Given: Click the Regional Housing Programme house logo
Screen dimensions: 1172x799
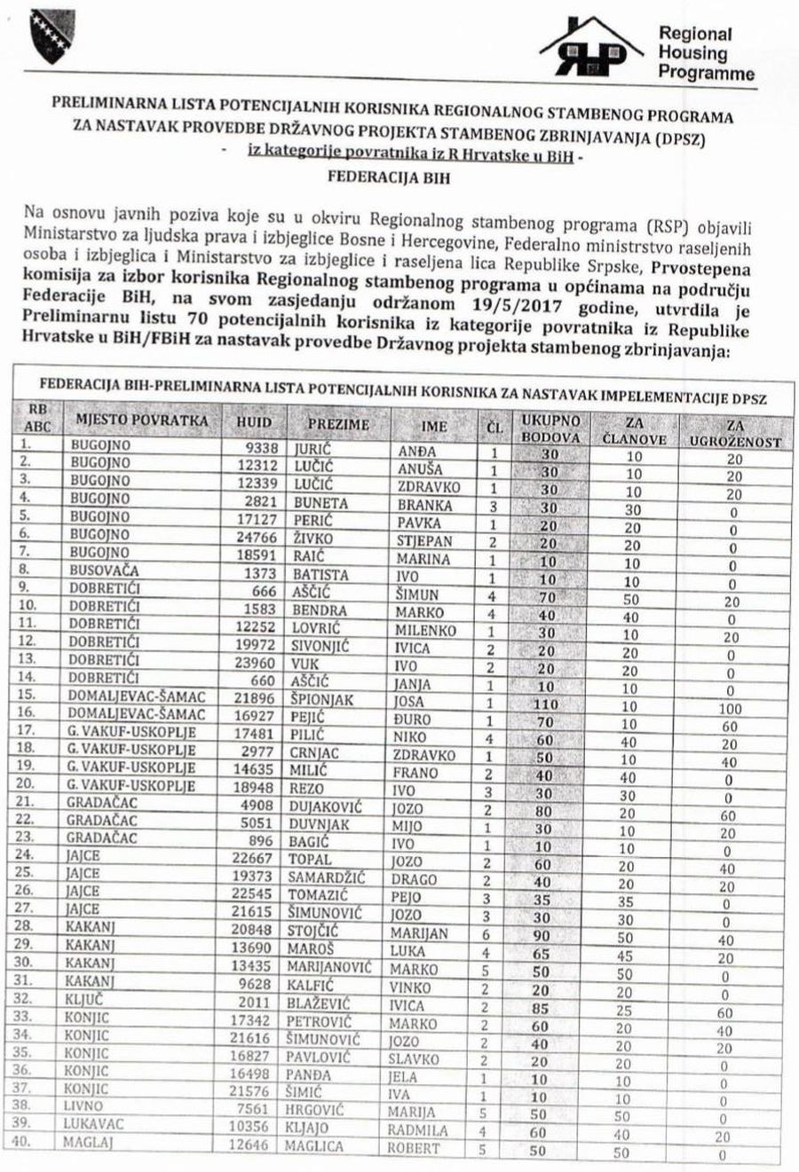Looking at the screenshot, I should pyautogui.click(x=590, y=46).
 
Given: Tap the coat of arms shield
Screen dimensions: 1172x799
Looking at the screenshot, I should pyautogui.click(x=52, y=35).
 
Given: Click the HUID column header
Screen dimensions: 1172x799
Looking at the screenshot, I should pyautogui.click(x=254, y=423).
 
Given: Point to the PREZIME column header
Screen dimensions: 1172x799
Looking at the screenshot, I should pyautogui.click(x=338, y=424).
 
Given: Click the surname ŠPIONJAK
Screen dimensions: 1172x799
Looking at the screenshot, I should pyautogui.click(x=321, y=700).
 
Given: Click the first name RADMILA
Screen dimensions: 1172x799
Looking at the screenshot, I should pyautogui.click(x=417, y=1130).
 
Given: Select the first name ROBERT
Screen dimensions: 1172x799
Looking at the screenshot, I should pyautogui.click(x=414, y=1148).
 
